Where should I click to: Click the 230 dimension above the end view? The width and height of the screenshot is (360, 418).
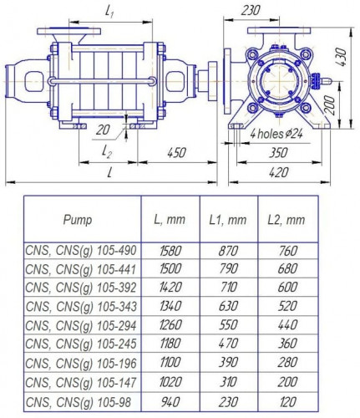[x=249, y=11]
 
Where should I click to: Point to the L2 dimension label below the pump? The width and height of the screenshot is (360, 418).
[x=106, y=152]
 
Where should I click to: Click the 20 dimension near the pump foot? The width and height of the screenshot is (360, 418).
[x=102, y=130]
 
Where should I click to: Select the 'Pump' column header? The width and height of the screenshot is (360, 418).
[x=79, y=219]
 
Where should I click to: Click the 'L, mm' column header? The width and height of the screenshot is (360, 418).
[x=169, y=219]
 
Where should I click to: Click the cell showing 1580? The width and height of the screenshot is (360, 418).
[x=169, y=249]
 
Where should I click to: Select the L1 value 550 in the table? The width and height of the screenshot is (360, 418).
[x=228, y=324]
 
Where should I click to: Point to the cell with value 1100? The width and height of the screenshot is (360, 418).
[x=169, y=362]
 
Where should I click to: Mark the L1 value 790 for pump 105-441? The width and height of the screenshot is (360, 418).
[x=228, y=268]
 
